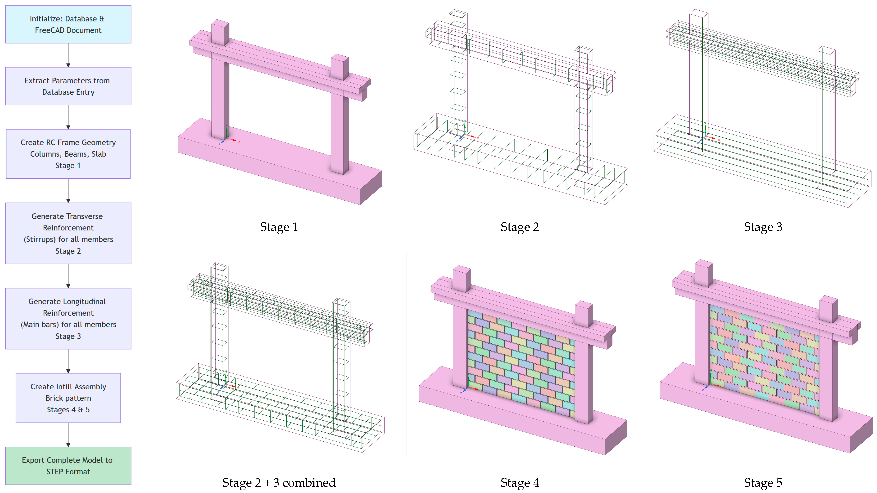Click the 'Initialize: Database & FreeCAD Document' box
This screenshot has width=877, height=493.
pos(68,24)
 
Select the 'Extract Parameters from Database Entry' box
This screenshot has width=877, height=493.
pos(68,86)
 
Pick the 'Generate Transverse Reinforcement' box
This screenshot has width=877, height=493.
pos(68,233)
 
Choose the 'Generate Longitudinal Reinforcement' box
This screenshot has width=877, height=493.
pos(68,319)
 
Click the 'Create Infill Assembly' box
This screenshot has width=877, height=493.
pos(68,398)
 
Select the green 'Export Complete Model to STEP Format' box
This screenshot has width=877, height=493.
pos(68,466)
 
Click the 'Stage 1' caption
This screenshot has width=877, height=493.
pos(279,227)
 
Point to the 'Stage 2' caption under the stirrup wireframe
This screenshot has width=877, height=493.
pos(520,227)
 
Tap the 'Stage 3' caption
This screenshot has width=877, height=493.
pos(763,227)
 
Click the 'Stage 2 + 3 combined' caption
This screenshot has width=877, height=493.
pos(279,482)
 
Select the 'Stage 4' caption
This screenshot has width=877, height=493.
pos(520,482)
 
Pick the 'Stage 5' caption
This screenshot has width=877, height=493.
pos(763,482)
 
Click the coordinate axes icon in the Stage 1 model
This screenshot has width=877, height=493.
pos(228,136)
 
